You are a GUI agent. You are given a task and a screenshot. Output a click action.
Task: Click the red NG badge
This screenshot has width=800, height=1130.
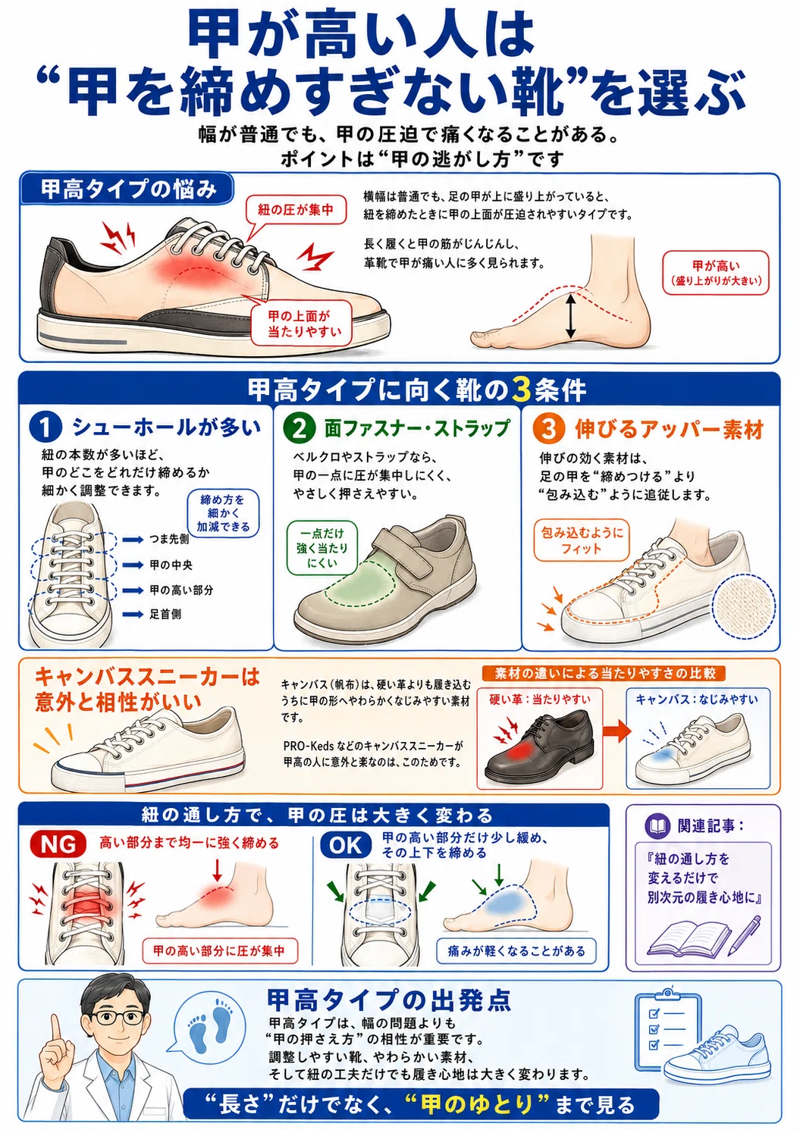pos(58,844)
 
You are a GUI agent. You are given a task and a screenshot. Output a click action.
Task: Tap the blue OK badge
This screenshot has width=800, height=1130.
pos(347,845)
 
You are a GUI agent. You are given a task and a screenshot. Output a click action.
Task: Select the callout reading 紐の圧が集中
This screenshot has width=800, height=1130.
pos(295,210)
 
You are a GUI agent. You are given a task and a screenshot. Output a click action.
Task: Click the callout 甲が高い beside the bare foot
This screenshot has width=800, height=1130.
pos(716,272)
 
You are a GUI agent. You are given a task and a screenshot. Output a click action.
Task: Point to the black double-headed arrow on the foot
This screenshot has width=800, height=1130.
pos(570,316)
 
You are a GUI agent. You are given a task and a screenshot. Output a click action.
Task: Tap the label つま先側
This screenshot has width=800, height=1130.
pos(169,540)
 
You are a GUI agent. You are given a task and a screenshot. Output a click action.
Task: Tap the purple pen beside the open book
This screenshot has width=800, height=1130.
pos(744,934)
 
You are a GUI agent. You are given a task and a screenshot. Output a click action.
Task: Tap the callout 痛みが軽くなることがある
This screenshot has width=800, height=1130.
pos(516,951)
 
